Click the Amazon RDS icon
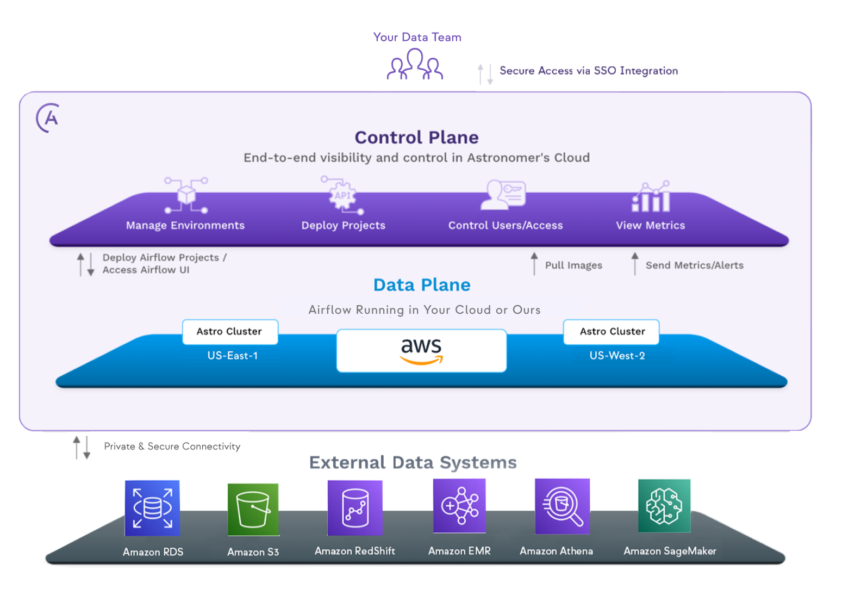click(152, 508)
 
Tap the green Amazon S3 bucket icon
click(253, 510)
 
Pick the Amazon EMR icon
click(459, 506)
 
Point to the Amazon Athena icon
click(562, 506)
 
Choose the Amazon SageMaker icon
click(664, 506)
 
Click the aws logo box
click(421, 351)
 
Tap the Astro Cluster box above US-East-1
click(230, 332)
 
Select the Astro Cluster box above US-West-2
click(612, 332)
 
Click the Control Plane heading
click(416, 138)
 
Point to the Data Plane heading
click(422, 285)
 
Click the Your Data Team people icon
click(415, 65)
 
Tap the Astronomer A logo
click(48, 117)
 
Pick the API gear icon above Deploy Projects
click(342, 195)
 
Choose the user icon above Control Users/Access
click(503, 195)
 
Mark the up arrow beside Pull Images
click(534, 263)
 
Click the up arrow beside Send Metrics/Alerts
click(635, 263)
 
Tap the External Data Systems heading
click(413, 462)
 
